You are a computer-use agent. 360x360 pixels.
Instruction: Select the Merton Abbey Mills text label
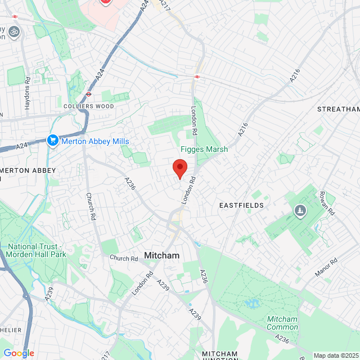pyautogui.click(x=95, y=141)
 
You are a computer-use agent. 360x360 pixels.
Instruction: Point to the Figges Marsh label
pyautogui.click(x=204, y=150)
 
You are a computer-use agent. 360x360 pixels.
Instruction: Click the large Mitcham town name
pyautogui.click(x=162, y=255)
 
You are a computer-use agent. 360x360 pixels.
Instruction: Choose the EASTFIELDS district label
pyautogui.click(x=241, y=205)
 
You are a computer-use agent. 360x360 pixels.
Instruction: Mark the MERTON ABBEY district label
pyautogui.click(x=28, y=170)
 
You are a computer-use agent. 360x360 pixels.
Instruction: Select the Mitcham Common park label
pyautogui.click(x=282, y=323)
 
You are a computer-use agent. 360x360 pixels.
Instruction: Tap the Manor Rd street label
pyautogui.click(x=326, y=267)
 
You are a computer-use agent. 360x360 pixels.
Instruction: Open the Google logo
pyautogui.click(x=19, y=353)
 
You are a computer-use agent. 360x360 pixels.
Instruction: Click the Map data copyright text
pyautogui.click(x=336, y=355)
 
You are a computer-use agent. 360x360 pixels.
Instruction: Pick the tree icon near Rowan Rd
pyautogui.click(x=300, y=211)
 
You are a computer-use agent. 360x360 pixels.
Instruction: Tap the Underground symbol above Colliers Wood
pyautogui.click(x=89, y=94)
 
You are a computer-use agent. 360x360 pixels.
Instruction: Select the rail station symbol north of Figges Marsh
pyautogui.click(x=197, y=76)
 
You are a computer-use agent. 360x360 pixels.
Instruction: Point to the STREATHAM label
pyautogui.click(x=338, y=109)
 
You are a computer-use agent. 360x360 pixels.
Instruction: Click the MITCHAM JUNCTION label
pyautogui.click(x=220, y=354)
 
